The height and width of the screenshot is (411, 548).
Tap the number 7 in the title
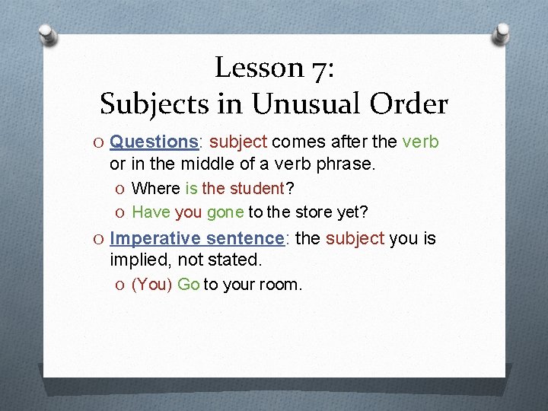pyautogui.click(x=320, y=68)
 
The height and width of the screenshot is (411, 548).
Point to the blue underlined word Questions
pyautogui.click(x=154, y=142)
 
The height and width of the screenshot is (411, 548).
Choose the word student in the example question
pyautogui.click(x=252, y=189)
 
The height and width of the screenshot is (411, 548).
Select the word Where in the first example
pyautogui.click(x=156, y=189)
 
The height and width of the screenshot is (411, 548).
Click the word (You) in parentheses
pyautogui.click(x=151, y=285)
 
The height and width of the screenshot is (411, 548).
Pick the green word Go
pyautogui.click(x=188, y=285)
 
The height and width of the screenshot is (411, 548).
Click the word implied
pyautogui.click(x=140, y=260)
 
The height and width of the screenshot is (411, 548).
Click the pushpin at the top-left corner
pyautogui.click(x=47, y=34)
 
